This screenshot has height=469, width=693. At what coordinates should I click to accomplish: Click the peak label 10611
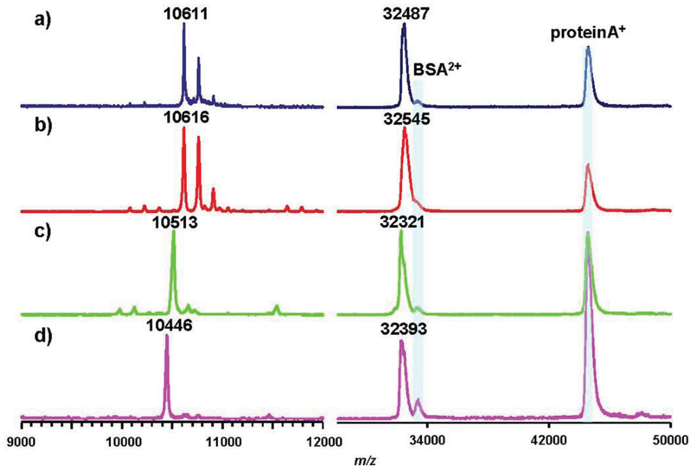[184, 12]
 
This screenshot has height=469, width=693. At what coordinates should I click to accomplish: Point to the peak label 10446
[169, 325]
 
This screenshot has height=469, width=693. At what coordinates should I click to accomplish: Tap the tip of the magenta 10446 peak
[166, 335]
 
